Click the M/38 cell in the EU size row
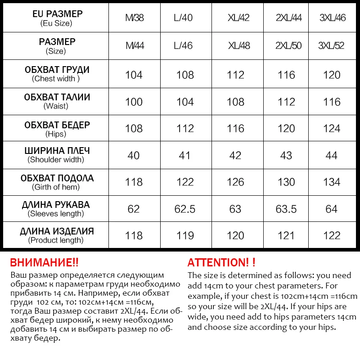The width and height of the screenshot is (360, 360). coord(135,18)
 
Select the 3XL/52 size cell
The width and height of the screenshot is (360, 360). coord(331,46)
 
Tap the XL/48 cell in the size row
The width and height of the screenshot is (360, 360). coord(238,46)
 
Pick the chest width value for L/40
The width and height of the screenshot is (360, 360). coord(185,75)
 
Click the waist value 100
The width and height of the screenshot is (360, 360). coord(134,102)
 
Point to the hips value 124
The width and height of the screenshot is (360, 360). coord(332,129)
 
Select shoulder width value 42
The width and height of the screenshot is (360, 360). coord(235,156)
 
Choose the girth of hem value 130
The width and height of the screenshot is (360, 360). coord(286,182)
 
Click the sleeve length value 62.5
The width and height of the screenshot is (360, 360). coord(185,209)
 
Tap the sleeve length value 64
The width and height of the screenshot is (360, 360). coord(332,209)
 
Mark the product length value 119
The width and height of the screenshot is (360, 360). coord(185,236)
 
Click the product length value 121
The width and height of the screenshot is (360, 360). coord(286,236)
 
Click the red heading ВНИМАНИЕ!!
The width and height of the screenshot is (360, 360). coord(44,263)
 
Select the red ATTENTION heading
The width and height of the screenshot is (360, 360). coord(221,263)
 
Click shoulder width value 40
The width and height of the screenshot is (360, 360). coord(134,156)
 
